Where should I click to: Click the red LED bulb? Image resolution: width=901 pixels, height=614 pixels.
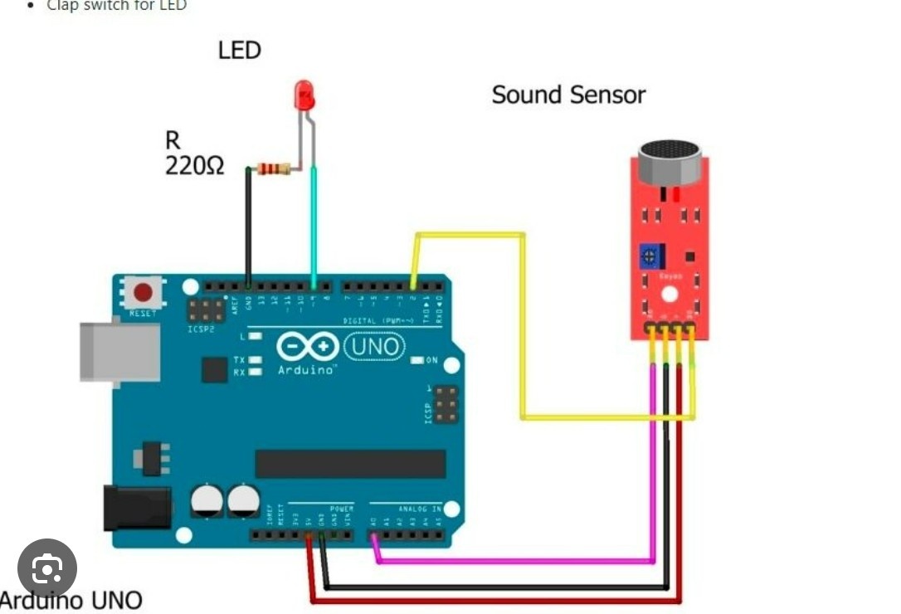click(304, 95)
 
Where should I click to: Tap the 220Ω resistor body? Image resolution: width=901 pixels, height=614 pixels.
click(274, 169)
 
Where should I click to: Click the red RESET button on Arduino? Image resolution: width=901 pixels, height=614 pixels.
click(143, 292)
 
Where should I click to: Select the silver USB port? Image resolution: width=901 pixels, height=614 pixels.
click(119, 352)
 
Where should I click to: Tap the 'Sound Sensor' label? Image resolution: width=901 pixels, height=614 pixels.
click(568, 95)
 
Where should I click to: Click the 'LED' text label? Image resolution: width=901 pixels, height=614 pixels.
click(240, 51)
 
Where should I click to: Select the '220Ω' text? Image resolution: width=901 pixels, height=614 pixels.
click(194, 165)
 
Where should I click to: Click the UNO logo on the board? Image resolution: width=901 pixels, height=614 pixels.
click(374, 345)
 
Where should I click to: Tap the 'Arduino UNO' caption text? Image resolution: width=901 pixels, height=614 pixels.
click(71, 600)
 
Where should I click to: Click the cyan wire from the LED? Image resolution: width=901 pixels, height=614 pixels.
click(314, 224)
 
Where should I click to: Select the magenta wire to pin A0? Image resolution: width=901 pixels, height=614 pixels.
click(514, 561)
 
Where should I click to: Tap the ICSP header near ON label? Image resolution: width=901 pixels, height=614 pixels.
click(446, 403)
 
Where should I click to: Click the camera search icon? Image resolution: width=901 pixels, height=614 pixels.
click(47, 568)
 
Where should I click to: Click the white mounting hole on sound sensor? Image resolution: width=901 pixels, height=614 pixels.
click(669, 294)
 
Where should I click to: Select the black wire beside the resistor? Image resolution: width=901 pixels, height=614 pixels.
click(248, 224)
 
